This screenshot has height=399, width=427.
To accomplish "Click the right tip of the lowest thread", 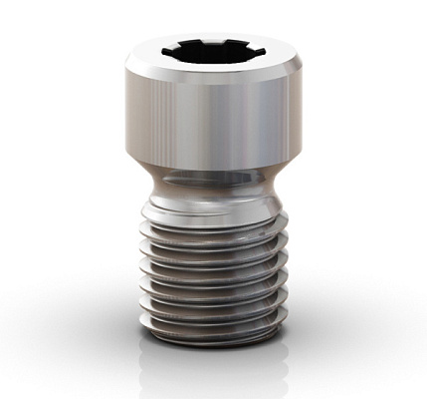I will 283,317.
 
